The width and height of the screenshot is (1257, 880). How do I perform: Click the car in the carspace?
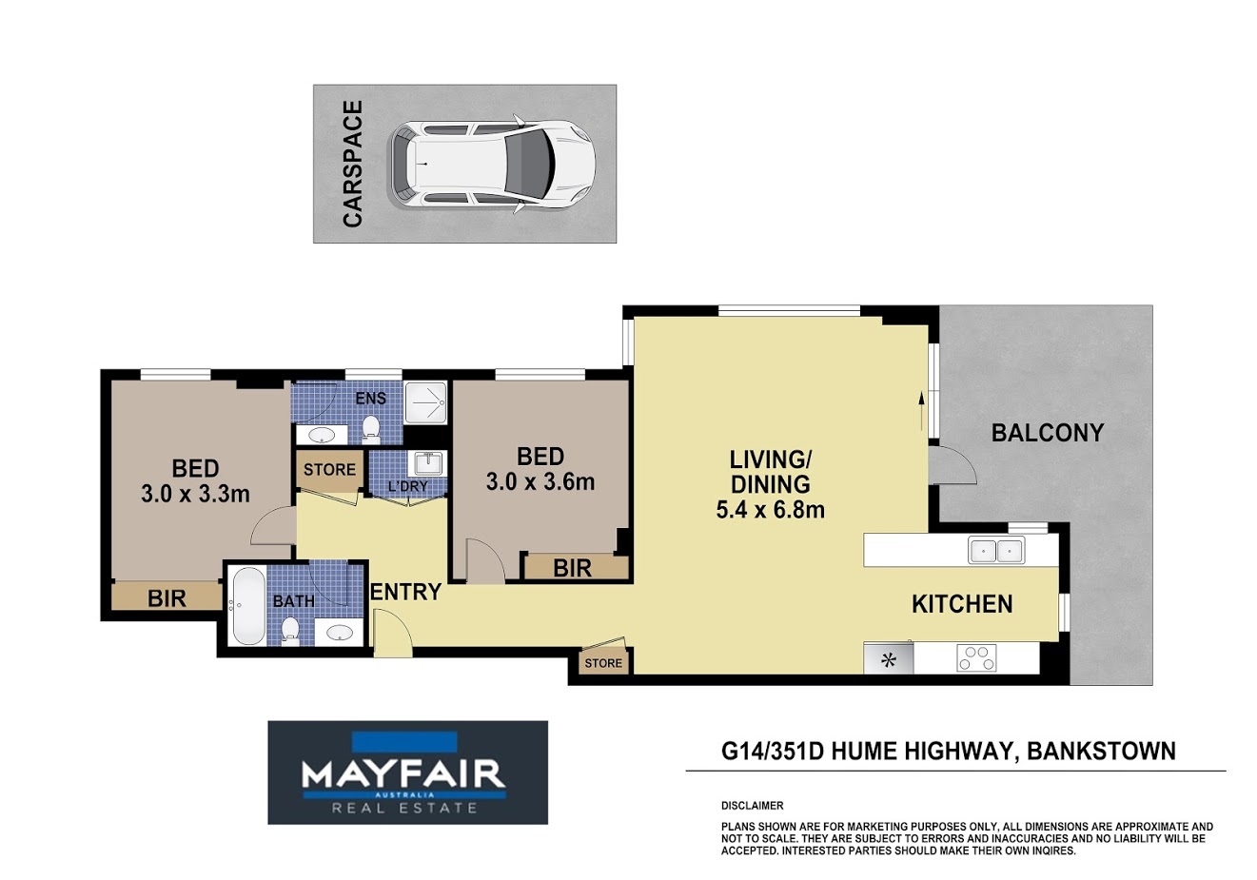point(493,164)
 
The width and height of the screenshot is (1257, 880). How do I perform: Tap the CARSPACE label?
point(353,164)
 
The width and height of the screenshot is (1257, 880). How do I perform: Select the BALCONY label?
point(1048,433)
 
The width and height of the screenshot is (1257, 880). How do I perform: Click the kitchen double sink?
point(996,550)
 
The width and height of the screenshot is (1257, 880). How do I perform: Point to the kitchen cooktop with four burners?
point(976,658)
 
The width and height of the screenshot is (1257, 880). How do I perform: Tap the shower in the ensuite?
point(425,402)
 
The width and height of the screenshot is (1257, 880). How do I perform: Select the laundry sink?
point(429,464)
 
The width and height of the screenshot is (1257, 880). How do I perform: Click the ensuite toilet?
point(371,427)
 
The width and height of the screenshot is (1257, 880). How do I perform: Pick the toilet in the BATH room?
point(289,631)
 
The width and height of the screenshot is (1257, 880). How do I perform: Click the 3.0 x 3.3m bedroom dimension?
point(195,494)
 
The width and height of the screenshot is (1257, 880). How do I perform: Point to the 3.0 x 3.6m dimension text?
point(540,481)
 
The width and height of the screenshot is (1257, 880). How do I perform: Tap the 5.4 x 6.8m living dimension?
point(771,510)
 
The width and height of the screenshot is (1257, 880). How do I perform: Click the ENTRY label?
point(407,592)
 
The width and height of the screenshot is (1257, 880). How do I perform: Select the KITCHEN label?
point(962,604)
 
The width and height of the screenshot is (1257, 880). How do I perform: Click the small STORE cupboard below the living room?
point(603,662)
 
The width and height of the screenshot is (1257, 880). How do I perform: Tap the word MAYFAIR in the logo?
point(403,774)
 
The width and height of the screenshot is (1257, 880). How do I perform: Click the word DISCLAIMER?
point(752,806)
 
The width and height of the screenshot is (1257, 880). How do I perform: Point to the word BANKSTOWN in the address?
point(1101,751)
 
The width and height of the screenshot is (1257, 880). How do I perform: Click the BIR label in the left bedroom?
point(167,598)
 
